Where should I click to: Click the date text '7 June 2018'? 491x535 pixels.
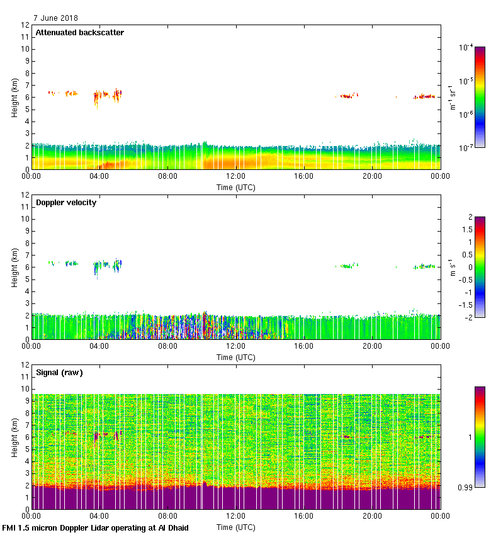pos(56,18)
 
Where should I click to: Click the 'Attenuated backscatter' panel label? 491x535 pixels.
pos(79,32)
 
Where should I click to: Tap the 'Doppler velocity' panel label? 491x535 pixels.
pos(65,202)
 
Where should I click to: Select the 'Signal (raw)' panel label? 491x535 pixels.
pos(59,372)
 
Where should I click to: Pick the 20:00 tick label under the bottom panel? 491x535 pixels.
pos(372,516)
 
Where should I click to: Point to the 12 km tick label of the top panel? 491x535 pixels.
pos(25,25)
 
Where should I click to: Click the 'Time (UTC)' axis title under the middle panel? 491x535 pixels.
pos(235,357)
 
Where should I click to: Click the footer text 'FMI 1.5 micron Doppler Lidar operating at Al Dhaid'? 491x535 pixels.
pos(96,527)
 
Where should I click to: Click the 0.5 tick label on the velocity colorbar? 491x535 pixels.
pos(465,254)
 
